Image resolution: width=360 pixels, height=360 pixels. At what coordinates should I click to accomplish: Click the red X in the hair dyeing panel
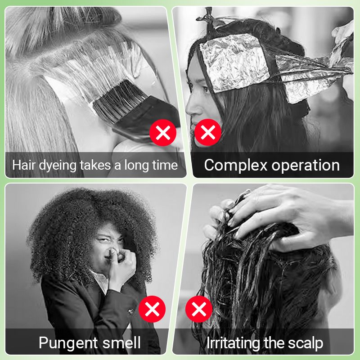coord(162,133)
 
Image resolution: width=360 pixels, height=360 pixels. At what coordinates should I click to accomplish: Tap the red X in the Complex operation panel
coord(207,133)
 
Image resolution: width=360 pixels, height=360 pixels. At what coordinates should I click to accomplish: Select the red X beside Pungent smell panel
coord(152,309)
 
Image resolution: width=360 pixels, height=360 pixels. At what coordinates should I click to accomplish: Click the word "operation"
coord(306,165)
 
